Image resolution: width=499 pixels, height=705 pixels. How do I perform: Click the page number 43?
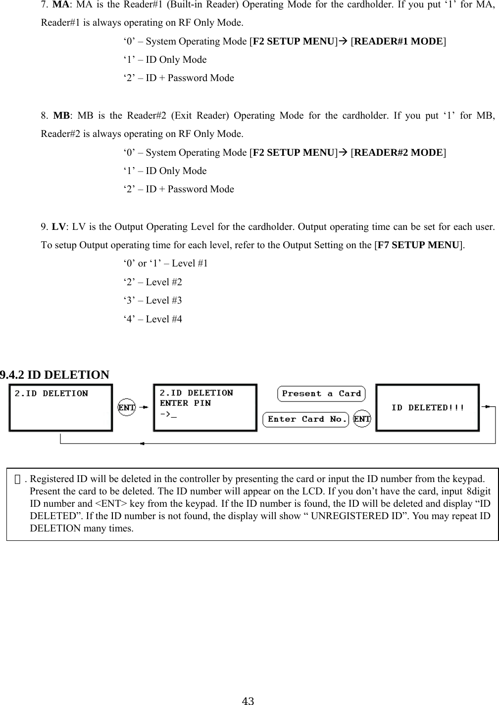[x=249, y=700]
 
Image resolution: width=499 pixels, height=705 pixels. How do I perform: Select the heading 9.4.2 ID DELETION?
[x=54, y=375]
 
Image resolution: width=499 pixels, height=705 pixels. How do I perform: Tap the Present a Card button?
[x=321, y=394]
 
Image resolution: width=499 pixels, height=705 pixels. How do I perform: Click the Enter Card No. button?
[x=306, y=419]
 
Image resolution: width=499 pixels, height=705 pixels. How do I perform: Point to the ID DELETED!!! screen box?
[x=427, y=408]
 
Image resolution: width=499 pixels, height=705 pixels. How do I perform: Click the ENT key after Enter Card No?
[x=362, y=419]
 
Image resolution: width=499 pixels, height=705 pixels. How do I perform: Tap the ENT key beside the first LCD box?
[x=127, y=408]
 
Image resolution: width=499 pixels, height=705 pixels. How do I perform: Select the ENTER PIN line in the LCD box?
[x=185, y=403]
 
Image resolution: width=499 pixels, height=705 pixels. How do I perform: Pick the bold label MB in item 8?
[x=61, y=116]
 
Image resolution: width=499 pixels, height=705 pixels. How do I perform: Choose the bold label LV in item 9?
[x=58, y=227]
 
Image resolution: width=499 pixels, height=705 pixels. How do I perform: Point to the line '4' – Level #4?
[x=152, y=319]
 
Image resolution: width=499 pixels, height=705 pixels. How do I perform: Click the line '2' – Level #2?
[x=152, y=282]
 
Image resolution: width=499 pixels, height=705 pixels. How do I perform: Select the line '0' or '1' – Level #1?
[x=165, y=264]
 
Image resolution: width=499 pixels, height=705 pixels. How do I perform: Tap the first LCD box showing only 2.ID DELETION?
[x=60, y=408]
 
